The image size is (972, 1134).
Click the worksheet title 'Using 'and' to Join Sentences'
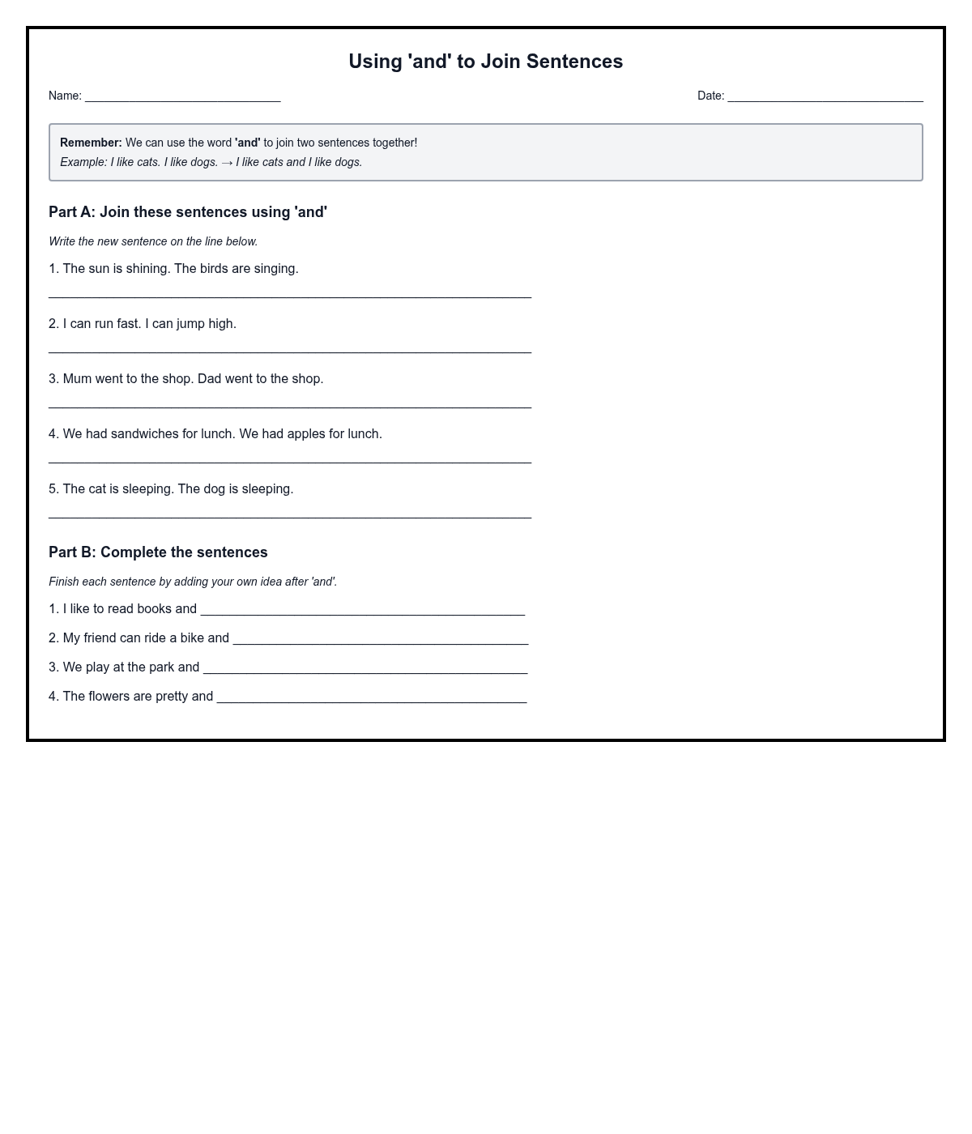(x=485, y=62)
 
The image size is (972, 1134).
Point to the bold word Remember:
(x=91, y=143)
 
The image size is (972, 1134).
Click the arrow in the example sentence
(x=227, y=163)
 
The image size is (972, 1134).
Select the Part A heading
(x=188, y=212)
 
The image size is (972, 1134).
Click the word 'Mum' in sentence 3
(x=77, y=379)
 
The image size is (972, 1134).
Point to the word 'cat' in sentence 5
(x=97, y=489)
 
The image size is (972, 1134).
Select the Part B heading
(x=158, y=552)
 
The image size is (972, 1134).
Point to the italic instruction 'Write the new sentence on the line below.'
(x=153, y=241)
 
